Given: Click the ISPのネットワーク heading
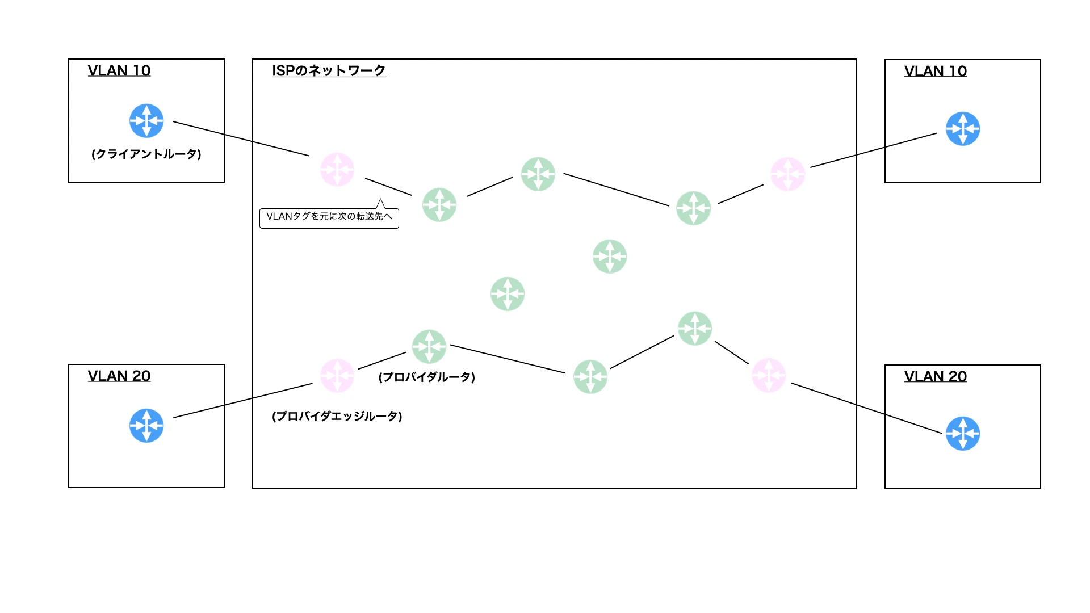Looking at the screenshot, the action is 329,70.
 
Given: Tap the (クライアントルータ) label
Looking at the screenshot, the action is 146,154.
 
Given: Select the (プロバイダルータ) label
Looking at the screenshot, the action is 427,377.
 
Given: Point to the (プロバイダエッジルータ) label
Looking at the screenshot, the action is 337,416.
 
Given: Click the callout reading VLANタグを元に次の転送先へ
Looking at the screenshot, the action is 329,218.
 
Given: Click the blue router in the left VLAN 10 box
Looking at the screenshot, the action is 146,121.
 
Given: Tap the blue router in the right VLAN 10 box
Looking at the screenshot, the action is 963,129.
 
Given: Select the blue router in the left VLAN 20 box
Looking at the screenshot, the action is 146,426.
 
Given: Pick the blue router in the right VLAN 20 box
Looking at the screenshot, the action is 963,434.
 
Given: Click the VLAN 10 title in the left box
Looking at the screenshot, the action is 119,70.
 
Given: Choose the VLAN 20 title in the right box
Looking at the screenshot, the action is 936,376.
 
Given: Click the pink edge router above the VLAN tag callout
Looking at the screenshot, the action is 337,170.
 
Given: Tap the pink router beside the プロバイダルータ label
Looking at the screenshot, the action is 337,375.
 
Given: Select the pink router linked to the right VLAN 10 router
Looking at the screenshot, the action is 788,174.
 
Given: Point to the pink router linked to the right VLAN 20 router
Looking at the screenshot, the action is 769,375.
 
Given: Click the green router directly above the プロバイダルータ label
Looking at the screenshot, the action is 429,347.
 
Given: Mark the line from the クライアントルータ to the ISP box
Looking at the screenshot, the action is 241,138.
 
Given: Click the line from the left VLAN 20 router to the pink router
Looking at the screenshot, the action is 243,401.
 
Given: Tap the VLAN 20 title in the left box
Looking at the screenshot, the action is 119,376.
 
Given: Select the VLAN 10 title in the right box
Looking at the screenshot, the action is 936,71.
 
